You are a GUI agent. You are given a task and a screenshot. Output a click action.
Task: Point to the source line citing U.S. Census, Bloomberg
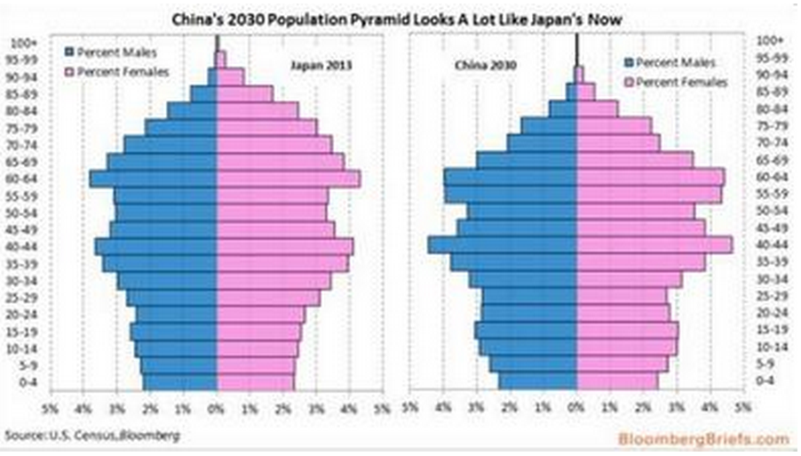click(91, 436)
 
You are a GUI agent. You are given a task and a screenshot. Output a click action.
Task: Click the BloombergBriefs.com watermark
click(717, 438)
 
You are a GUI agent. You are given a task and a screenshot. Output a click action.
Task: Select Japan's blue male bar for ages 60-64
click(153, 179)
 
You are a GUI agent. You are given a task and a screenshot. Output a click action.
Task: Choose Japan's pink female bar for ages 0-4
click(255, 381)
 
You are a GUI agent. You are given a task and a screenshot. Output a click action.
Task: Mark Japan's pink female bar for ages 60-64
click(289, 179)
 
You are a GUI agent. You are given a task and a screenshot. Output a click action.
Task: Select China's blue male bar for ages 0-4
click(537, 381)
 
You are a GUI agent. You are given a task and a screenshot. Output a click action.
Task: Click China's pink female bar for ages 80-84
click(597, 109)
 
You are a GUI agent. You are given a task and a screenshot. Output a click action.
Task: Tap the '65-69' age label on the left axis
click(21, 161)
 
